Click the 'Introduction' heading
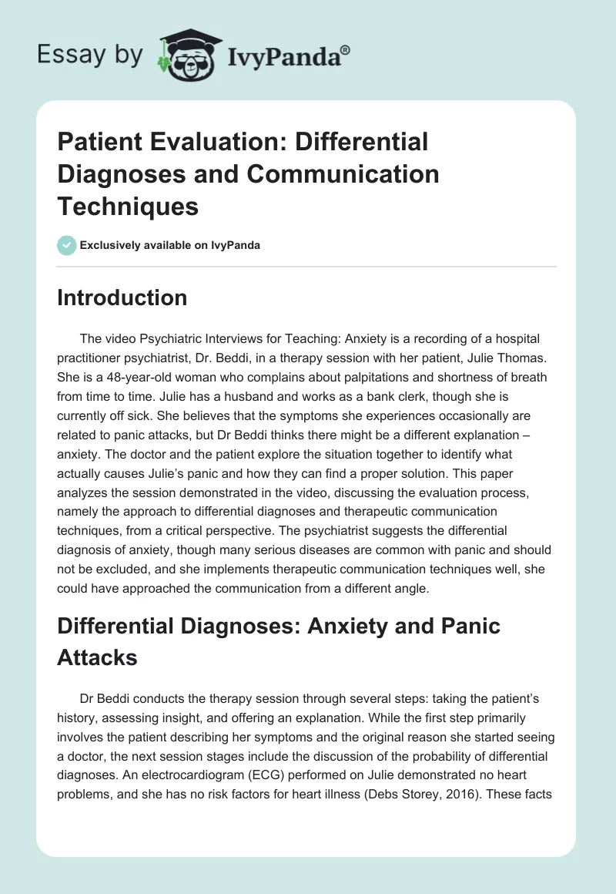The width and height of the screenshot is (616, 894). click(122, 298)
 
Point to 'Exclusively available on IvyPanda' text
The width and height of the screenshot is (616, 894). click(169, 245)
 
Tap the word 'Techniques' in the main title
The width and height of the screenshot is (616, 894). click(128, 206)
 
